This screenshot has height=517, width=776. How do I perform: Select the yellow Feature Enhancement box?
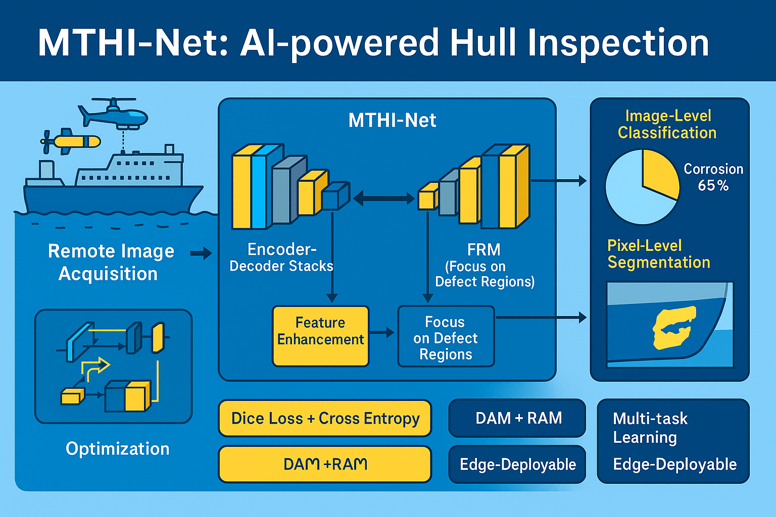pos(320,336)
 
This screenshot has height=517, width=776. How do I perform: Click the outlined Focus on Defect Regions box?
pos(446,336)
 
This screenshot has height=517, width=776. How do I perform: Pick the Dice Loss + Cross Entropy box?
pos(325,418)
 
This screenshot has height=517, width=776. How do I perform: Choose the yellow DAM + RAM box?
pos(325,464)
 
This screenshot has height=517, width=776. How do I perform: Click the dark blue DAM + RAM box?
pos(517,418)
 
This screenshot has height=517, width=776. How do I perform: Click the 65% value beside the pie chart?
pos(713,186)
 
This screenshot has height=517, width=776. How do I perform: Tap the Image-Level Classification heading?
pos(667,124)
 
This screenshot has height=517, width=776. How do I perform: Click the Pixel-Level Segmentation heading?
pos(659,254)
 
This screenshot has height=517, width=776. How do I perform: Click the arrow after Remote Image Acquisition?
pos(201,253)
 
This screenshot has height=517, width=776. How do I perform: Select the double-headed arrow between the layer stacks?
pos(383,198)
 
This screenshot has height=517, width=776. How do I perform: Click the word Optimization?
pos(117,449)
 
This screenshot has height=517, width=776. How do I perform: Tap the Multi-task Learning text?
pos(650,428)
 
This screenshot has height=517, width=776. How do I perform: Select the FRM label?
pos(483,250)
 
